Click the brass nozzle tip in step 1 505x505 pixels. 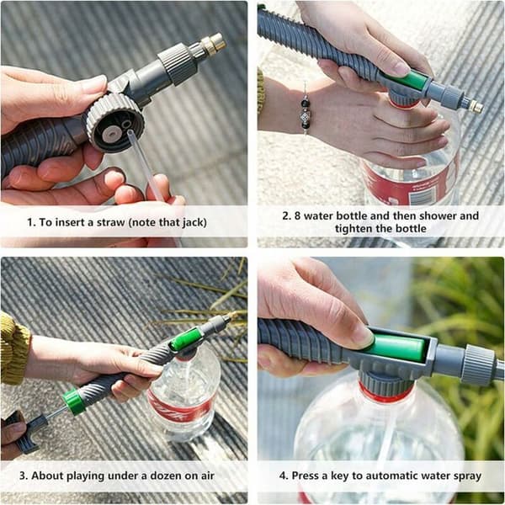point(214,43)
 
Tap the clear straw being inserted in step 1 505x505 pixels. point(146,165)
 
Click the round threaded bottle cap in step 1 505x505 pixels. point(115,122)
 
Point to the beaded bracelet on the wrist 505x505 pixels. point(305,111)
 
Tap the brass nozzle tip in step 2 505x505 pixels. point(476,107)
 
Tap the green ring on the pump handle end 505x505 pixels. point(74,401)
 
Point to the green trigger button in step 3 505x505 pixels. point(187,339)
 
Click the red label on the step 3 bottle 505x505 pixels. point(178,407)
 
